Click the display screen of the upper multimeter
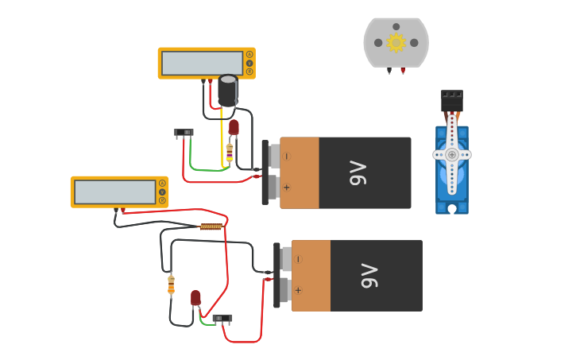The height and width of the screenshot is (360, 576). (203, 64)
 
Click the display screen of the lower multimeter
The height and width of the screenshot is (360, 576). (115, 192)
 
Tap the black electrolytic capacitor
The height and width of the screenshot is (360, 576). (227, 91)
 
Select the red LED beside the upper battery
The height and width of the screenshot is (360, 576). (234, 126)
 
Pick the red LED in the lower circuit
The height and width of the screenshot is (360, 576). (195, 297)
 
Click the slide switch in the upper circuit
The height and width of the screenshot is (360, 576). (184, 132)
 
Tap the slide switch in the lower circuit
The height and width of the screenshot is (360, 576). (222, 318)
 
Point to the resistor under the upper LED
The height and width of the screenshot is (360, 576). (230, 152)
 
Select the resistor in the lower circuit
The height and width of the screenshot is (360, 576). (171, 285)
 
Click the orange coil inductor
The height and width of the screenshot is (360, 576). (211, 226)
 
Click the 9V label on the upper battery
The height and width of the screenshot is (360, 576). (358, 173)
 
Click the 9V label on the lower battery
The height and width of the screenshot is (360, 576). (369, 276)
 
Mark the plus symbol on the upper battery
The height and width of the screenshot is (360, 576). (286, 188)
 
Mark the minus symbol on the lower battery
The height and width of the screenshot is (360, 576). (298, 259)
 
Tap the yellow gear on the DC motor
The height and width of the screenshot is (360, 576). (396, 42)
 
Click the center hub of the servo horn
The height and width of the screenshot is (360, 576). (452, 154)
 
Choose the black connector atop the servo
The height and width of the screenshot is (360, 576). (452, 101)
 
